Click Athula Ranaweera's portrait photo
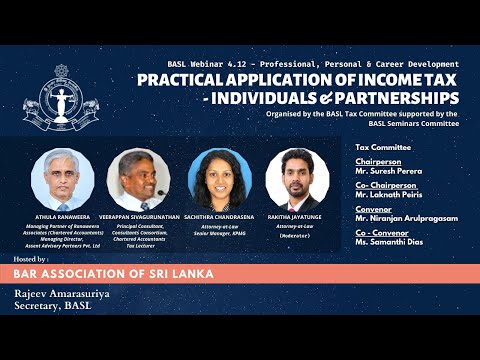coord(62,179)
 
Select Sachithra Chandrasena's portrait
coord(217,179)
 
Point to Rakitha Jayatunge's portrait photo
coord(297,179)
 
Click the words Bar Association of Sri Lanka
coord(110,274)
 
